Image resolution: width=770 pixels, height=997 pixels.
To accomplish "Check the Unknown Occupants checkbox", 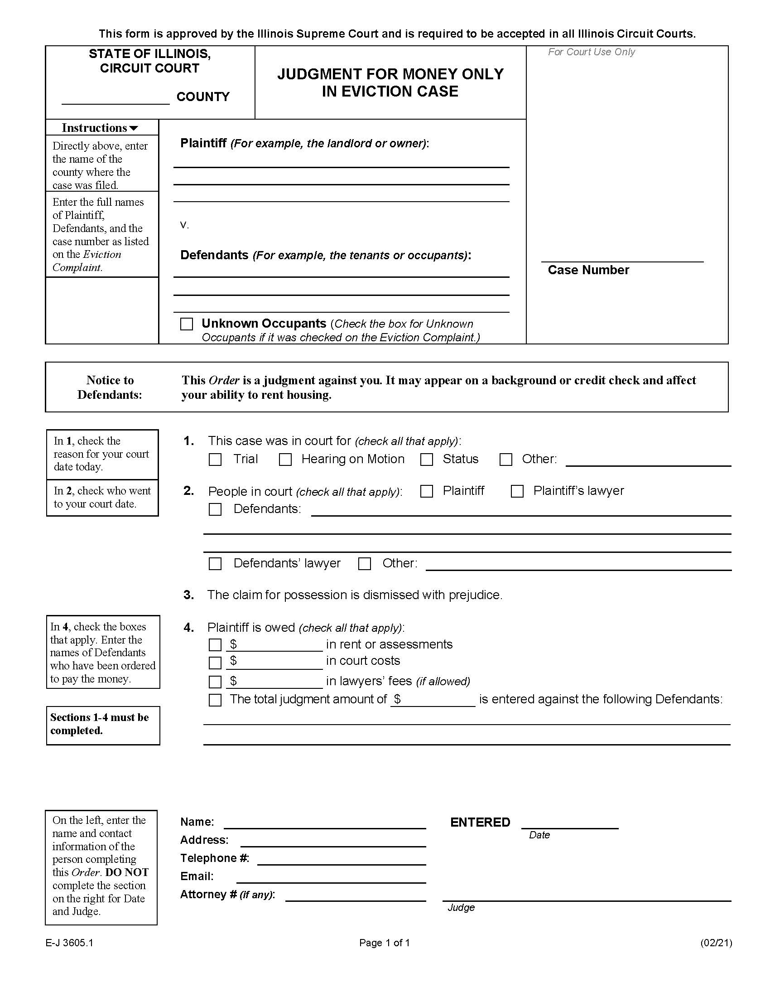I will coord(187,324).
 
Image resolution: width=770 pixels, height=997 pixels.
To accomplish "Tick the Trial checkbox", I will coord(215,459).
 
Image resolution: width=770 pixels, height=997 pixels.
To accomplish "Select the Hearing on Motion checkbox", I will coord(285,459).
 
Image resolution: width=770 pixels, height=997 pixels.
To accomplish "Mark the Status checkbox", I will coord(427,459).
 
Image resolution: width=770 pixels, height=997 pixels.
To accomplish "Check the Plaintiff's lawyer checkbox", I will coord(517,491).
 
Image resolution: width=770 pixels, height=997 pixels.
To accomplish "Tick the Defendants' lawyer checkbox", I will coord(215,564).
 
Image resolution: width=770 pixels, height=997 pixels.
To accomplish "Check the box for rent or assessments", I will coord(215,644).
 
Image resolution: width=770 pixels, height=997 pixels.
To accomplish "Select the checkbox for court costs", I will coord(215,663).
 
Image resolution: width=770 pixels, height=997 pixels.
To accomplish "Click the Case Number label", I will coord(588,270).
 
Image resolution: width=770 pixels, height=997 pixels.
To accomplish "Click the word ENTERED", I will coord(480,822).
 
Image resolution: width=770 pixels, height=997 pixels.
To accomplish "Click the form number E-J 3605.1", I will coord(69,943).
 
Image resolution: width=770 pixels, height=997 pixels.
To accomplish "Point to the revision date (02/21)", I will coord(716,943).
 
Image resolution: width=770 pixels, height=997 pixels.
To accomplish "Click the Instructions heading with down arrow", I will coord(100,128).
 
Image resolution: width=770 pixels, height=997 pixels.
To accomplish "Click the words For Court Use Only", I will coord(591,52).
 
